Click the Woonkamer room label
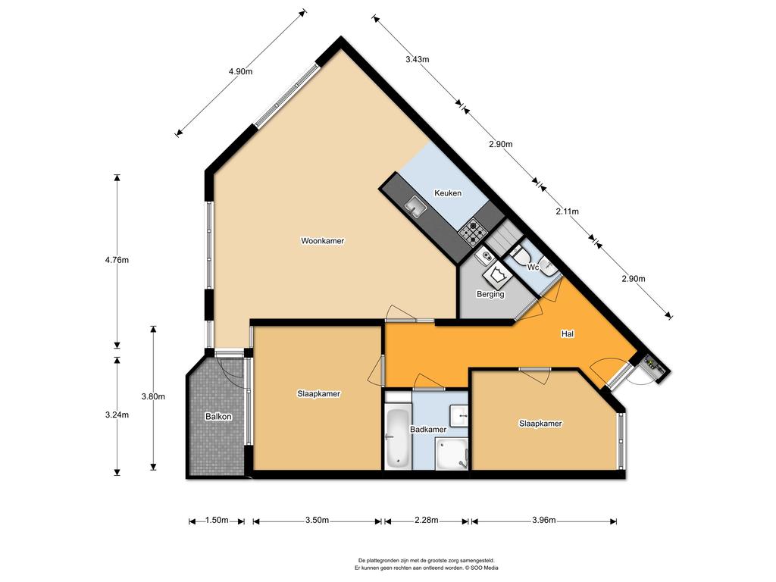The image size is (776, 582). pyautogui.click(x=322, y=241)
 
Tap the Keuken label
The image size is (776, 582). pyautogui.click(x=448, y=193)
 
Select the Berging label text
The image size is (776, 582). pyautogui.click(x=490, y=294)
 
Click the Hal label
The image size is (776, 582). pyautogui.click(x=567, y=334)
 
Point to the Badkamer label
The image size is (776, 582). pyautogui.click(x=428, y=430)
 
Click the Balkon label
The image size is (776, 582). pyautogui.click(x=218, y=417)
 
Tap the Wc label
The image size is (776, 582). pyautogui.click(x=533, y=268)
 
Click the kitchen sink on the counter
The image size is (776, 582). pyautogui.click(x=416, y=206)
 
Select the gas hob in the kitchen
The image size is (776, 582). pyautogui.click(x=474, y=231)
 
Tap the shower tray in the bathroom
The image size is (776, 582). pyautogui.click(x=452, y=455)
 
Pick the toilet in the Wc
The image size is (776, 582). pyautogui.click(x=519, y=257)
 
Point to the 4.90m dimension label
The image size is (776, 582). pyautogui.click(x=240, y=71)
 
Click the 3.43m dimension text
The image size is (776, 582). pyautogui.click(x=418, y=59)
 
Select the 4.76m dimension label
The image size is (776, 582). pyautogui.click(x=117, y=260)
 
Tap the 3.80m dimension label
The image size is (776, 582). pyautogui.click(x=153, y=396)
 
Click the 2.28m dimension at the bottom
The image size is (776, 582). pyautogui.click(x=427, y=520)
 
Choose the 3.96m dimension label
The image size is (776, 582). pyautogui.click(x=544, y=520)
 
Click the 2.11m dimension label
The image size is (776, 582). pyautogui.click(x=567, y=211)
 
